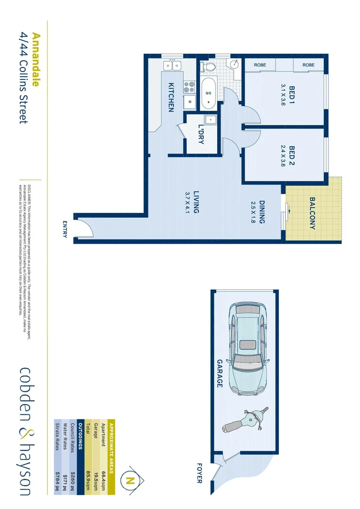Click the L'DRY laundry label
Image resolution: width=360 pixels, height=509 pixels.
(201, 135)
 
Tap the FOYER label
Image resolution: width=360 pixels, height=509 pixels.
(198, 474)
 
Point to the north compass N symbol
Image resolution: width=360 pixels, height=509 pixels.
(131, 481)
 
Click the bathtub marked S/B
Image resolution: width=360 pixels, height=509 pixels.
(209, 94)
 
